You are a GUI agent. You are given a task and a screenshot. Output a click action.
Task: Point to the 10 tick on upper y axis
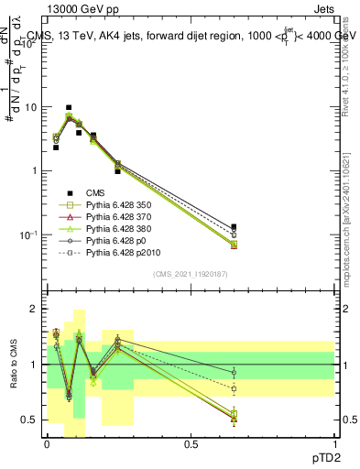point(30,106)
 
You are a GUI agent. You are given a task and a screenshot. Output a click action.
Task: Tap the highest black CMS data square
point(69,107)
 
